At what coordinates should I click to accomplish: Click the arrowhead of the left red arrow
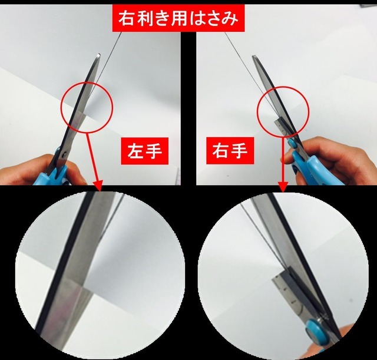click(99, 187)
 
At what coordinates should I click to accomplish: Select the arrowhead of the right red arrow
click(282, 187)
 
